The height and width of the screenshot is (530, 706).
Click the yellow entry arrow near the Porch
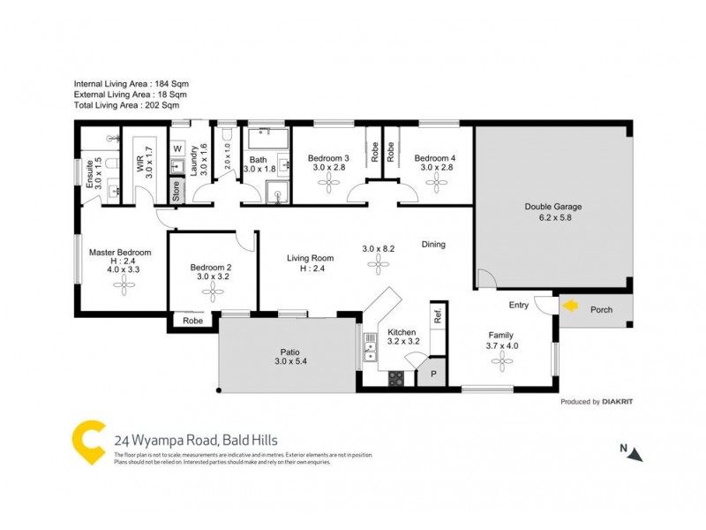point(572,307)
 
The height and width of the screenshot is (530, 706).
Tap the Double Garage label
point(553,207)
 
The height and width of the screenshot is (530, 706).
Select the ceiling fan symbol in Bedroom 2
point(212,296)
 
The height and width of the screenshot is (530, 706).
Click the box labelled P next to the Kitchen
point(433,375)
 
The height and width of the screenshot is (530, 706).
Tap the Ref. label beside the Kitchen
point(436,314)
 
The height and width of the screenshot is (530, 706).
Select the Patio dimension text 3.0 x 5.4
point(289,361)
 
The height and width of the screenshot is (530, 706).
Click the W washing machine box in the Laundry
point(176,148)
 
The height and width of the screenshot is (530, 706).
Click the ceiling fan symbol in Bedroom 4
point(435,182)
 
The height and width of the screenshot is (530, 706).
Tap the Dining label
point(432,245)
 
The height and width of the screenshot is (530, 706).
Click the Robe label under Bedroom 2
point(192,322)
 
